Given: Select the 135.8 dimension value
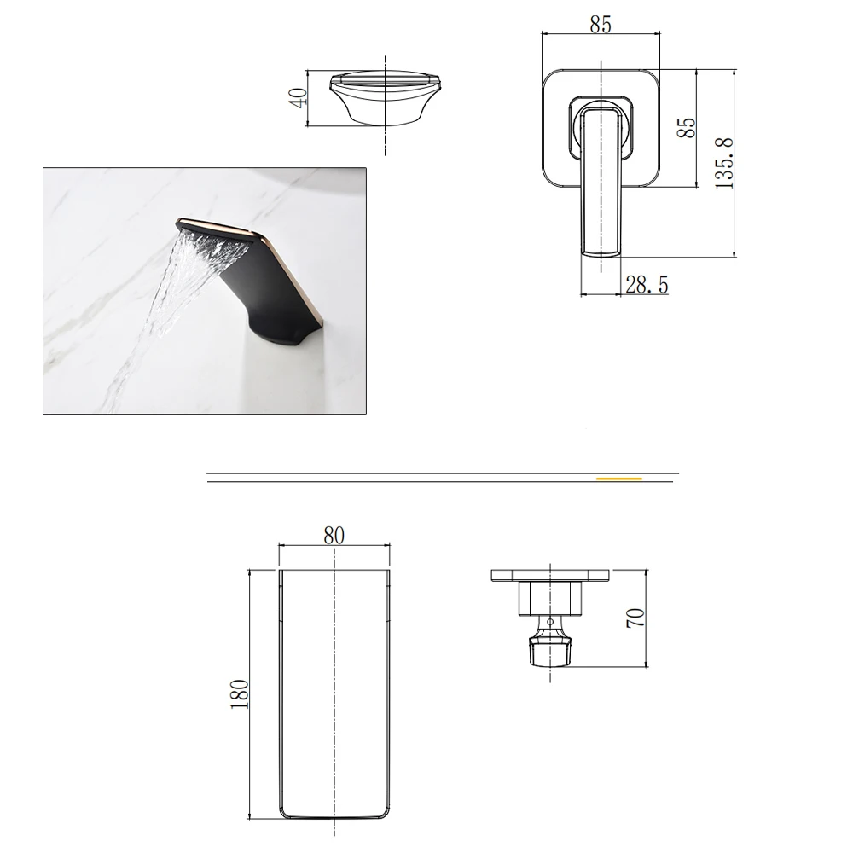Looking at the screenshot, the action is (x=724, y=163).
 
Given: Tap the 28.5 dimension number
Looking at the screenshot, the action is (x=647, y=285).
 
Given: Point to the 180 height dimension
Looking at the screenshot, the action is (x=240, y=693).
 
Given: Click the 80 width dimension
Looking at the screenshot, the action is (x=334, y=536).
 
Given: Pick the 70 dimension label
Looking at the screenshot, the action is (x=635, y=618).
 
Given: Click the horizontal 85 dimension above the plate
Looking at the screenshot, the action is (x=601, y=25).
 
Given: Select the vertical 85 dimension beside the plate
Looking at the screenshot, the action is (x=687, y=128).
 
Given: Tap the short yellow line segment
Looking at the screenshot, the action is (x=619, y=479).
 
